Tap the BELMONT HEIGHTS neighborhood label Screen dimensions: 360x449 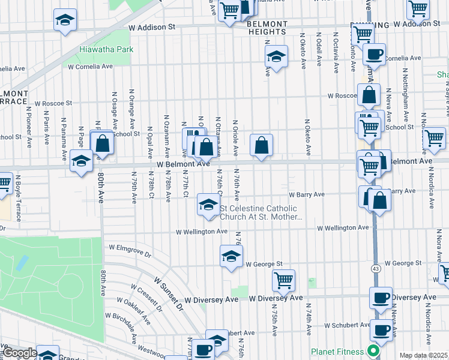coord(267,28)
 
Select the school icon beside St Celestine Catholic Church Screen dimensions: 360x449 coord(208,205)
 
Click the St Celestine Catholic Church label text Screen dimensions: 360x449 coord(262,213)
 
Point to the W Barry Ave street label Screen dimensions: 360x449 coord(306,194)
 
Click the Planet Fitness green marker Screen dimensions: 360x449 coord(373,351)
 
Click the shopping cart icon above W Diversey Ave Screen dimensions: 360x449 coord(283,279)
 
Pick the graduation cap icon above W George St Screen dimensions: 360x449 coord(231,256)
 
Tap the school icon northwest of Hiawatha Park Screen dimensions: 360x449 coord(65,20)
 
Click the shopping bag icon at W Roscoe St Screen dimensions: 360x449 coord(369,94)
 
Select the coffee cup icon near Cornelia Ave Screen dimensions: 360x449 coord(374,54)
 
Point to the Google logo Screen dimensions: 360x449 coord(19,353)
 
